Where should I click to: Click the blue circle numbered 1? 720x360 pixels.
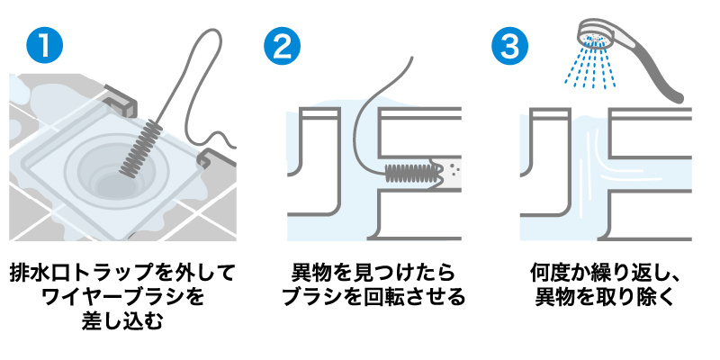44,45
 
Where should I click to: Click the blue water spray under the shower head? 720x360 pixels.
590,67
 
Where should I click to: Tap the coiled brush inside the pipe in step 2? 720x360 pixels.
409,174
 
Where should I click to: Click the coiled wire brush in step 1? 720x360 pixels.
140,146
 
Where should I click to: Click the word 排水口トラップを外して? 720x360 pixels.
122,274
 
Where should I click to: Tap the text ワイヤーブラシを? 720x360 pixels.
122,298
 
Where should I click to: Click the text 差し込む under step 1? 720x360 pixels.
122,321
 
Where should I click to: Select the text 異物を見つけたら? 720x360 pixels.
373,274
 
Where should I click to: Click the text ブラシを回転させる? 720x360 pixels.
373,298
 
